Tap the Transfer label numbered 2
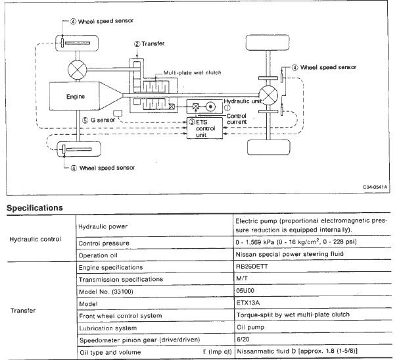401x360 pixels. [151, 45]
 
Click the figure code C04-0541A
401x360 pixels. [375, 187]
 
